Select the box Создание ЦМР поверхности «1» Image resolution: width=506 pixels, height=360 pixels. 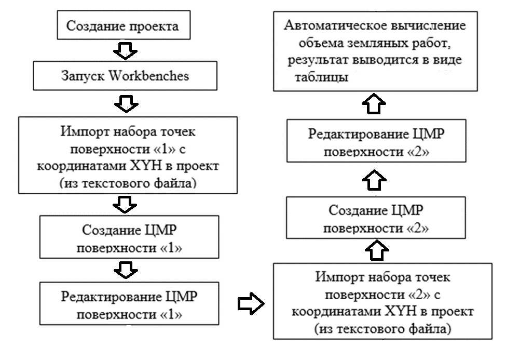[x=129, y=238]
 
